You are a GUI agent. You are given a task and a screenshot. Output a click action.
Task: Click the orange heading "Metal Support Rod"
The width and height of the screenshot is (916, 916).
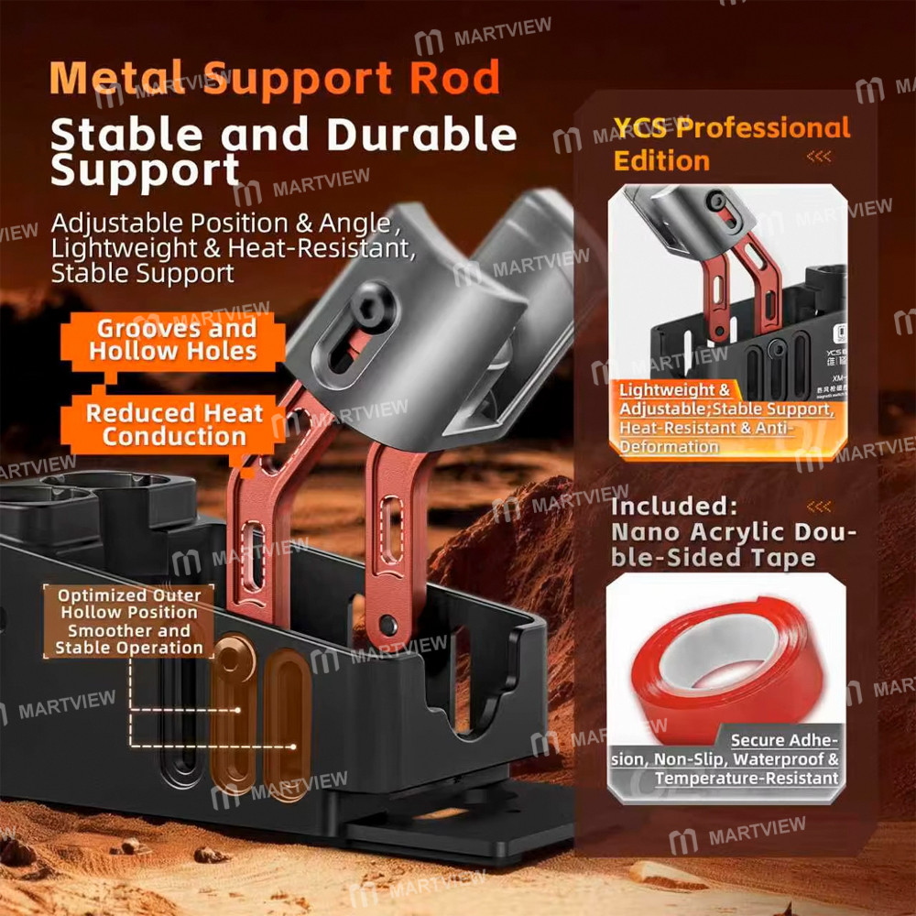tap(275, 78)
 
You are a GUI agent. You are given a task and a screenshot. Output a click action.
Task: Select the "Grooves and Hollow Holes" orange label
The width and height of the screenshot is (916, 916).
tap(173, 340)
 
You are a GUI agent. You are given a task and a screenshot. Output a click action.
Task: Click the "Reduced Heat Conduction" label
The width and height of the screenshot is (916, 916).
tap(174, 424)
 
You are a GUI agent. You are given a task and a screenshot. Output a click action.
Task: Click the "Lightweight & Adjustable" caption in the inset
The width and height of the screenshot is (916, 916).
tap(724, 418)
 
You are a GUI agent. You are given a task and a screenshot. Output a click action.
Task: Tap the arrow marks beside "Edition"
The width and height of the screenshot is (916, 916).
tap(819, 158)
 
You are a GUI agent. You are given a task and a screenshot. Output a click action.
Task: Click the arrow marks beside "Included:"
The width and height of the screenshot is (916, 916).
tap(819, 507)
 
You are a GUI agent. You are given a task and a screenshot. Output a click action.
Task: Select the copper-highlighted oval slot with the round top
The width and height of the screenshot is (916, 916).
tap(233, 710)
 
